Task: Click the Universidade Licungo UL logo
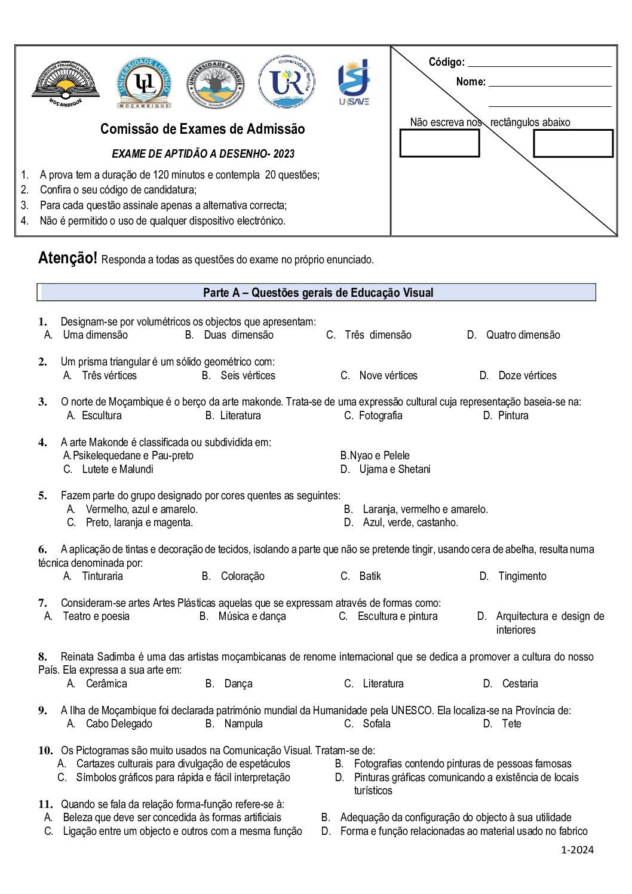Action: pyautogui.click(x=144, y=83)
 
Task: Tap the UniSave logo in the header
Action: pyautogui.click(x=354, y=82)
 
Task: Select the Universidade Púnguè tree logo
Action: pyautogui.click(x=215, y=83)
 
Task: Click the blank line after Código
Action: pyautogui.click(x=539, y=62)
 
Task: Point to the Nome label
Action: pyautogui.click(x=471, y=82)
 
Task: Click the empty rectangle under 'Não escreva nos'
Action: pyautogui.click(x=439, y=143)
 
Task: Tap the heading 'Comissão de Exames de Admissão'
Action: pyautogui.click(x=203, y=129)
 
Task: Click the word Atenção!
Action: pyautogui.click(x=68, y=258)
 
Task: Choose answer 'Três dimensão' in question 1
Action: pyautogui.click(x=378, y=335)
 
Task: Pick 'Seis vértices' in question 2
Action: pyautogui.click(x=247, y=376)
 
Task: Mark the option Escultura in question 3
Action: pyautogui.click(x=102, y=416)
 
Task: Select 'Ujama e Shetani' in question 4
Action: pyautogui.click(x=394, y=469)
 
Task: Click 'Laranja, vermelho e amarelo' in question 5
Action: pyautogui.click(x=425, y=509)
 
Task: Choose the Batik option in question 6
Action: pyautogui.click(x=370, y=576)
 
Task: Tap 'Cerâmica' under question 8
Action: pyautogui.click(x=106, y=684)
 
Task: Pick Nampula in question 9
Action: pyautogui.click(x=243, y=724)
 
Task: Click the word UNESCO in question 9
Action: pyautogui.click(x=412, y=711)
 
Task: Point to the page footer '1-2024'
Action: pyautogui.click(x=577, y=850)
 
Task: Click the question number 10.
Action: pyautogui.click(x=45, y=751)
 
